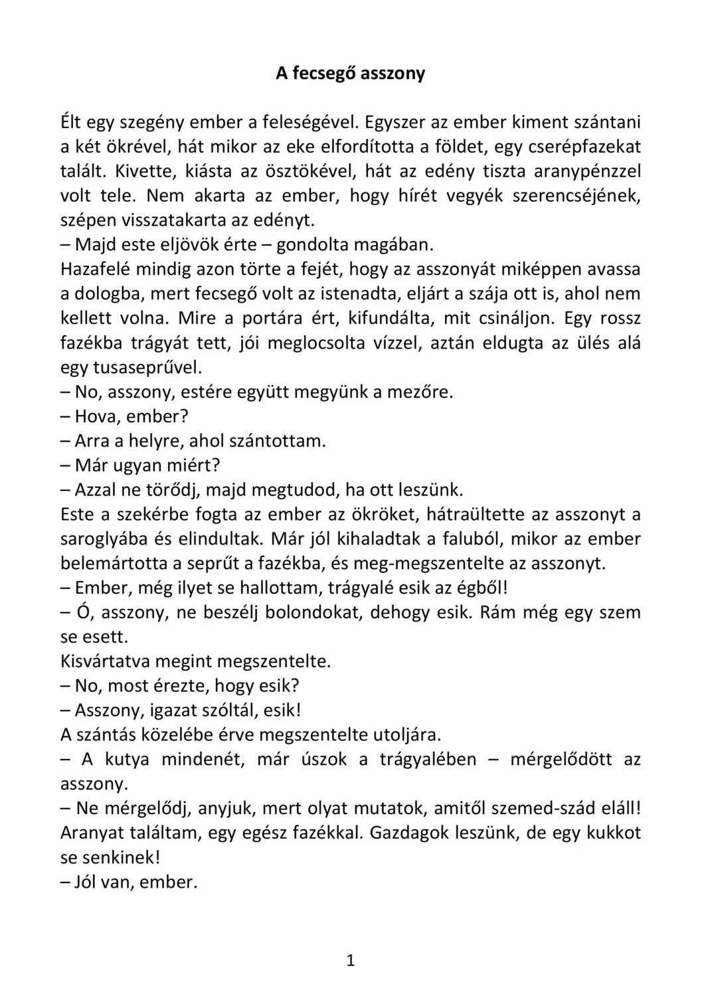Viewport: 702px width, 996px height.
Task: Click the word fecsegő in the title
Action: click(x=323, y=73)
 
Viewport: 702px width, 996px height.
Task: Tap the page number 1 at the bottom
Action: click(x=351, y=960)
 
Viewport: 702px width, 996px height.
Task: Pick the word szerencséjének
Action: click(x=574, y=196)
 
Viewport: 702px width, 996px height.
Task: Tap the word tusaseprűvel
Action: click(x=141, y=367)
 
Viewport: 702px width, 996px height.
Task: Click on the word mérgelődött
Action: click(x=561, y=760)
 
